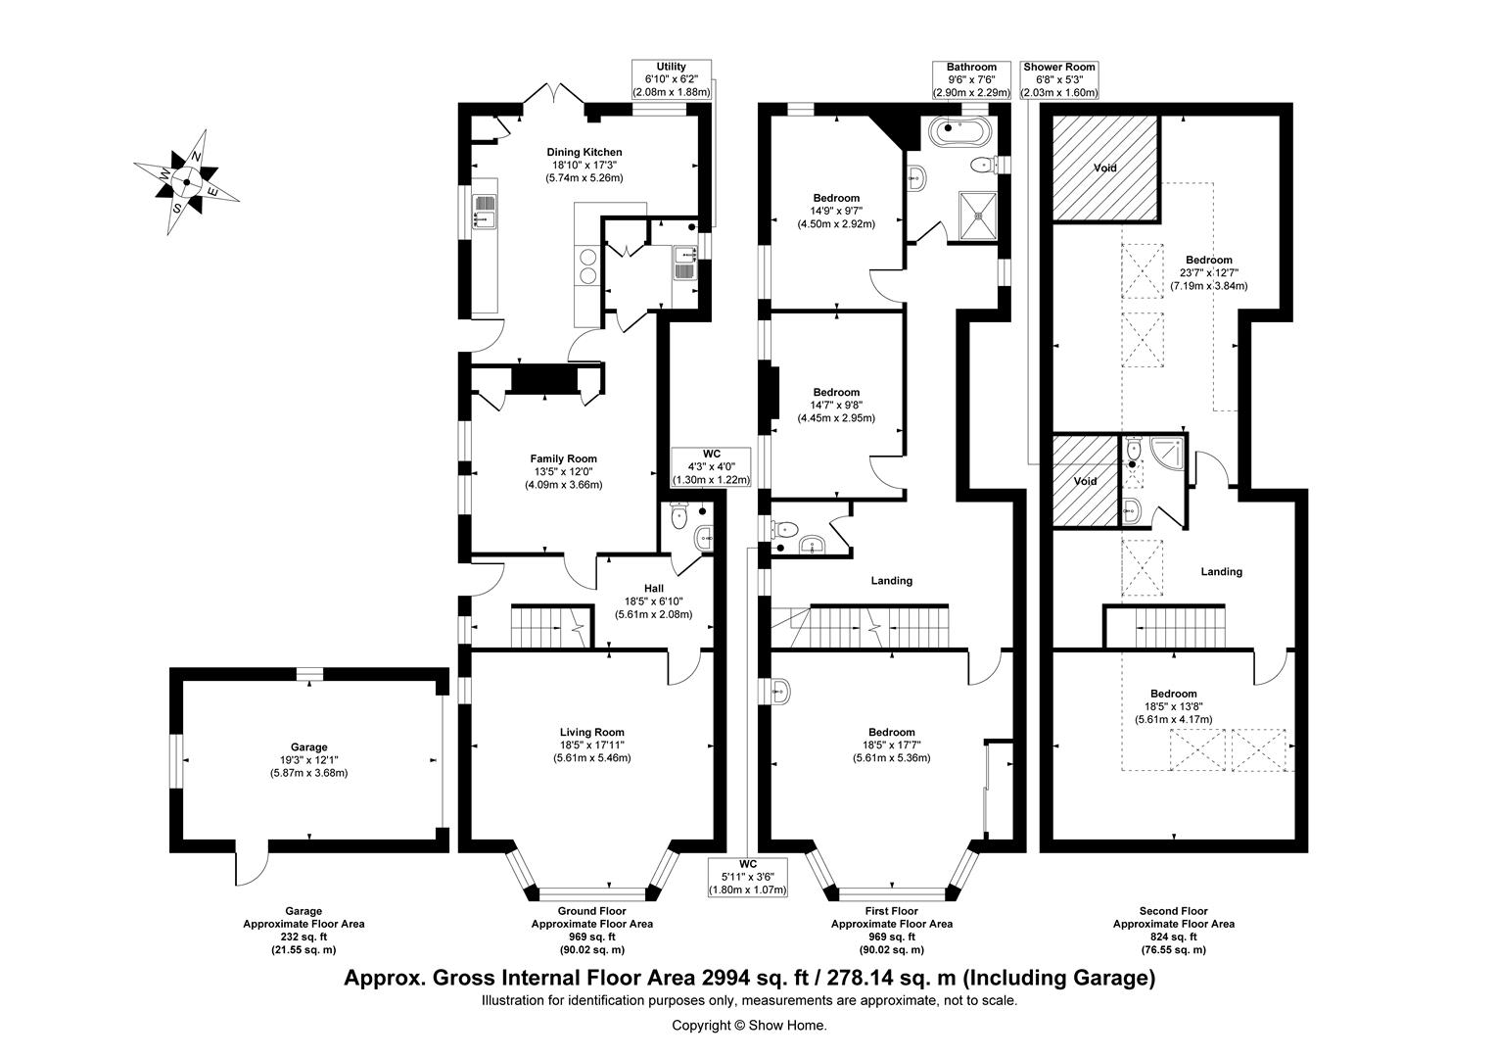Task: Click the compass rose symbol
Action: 187,182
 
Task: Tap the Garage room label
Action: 308,747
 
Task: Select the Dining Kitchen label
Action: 584,153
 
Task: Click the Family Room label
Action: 564,458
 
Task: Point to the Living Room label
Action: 591,732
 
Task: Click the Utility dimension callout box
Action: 672,79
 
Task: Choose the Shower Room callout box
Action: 1059,79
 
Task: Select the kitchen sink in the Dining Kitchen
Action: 485,212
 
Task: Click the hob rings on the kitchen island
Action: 588,266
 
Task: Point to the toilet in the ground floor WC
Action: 678,516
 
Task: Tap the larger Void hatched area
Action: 1104,168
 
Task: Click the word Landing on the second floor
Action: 1222,571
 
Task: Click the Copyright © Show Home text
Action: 749,1026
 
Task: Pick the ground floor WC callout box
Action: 711,467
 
